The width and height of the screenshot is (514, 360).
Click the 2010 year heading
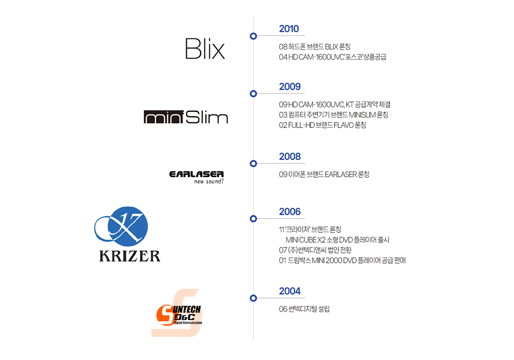(x=289, y=29)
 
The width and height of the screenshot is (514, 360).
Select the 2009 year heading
(x=290, y=86)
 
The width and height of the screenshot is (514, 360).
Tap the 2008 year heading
(x=290, y=156)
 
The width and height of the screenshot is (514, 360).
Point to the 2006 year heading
(x=290, y=211)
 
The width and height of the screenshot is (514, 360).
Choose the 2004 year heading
(x=290, y=291)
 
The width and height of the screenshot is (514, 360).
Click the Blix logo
(x=205, y=49)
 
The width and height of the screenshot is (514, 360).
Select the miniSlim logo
(x=185, y=117)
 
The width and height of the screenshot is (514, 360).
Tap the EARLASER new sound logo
(x=196, y=177)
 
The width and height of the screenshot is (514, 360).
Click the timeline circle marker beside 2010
(x=253, y=36)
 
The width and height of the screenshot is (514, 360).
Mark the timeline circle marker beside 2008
(x=253, y=164)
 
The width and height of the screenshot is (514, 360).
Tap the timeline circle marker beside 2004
(x=253, y=298)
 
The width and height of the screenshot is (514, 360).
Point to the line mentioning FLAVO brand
(x=322, y=125)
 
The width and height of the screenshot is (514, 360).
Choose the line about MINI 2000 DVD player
(x=342, y=260)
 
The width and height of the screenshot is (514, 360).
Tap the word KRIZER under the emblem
(x=129, y=256)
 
